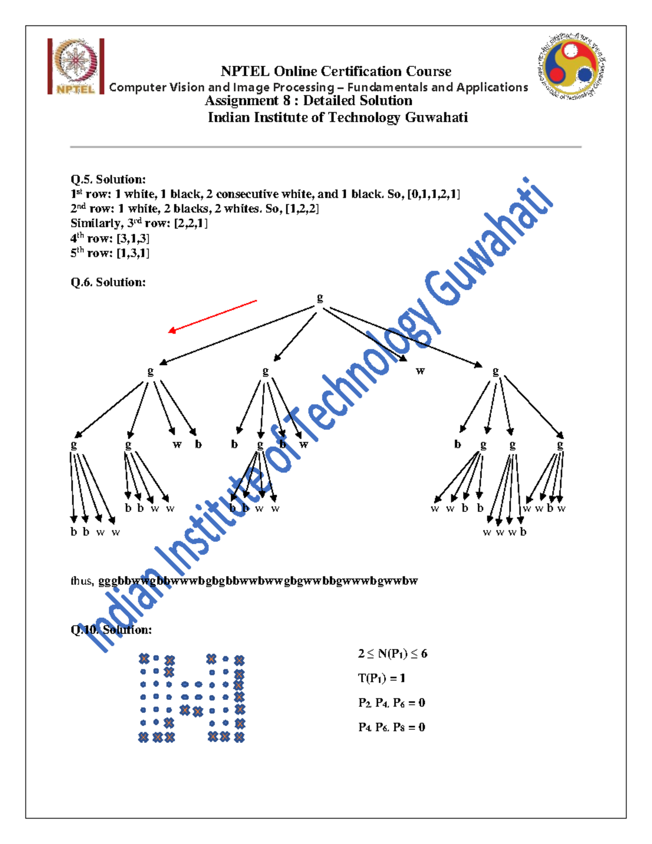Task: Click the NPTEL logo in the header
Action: tap(76, 66)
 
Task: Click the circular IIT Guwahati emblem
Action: tap(570, 66)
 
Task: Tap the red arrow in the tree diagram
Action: tap(212, 315)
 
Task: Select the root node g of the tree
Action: tap(320, 297)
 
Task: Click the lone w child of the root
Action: tap(420, 371)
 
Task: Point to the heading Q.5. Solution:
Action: tap(108, 179)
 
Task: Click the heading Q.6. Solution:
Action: tap(108, 282)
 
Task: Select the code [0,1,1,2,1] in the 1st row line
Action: tap(434, 194)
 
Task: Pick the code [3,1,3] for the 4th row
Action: tap(133, 238)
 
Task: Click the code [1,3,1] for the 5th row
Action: tap(133, 253)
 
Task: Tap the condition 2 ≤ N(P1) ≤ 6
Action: tap(392, 654)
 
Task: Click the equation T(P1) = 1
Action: tap(381, 678)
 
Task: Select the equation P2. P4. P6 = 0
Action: tap(391, 703)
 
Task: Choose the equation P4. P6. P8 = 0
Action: tap(391, 727)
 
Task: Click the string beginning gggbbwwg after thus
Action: tap(258, 581)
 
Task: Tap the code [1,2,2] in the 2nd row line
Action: tap(302, 209)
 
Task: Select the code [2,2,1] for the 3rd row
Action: tap(191, 223)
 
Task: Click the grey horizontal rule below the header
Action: tap(325, 147)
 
